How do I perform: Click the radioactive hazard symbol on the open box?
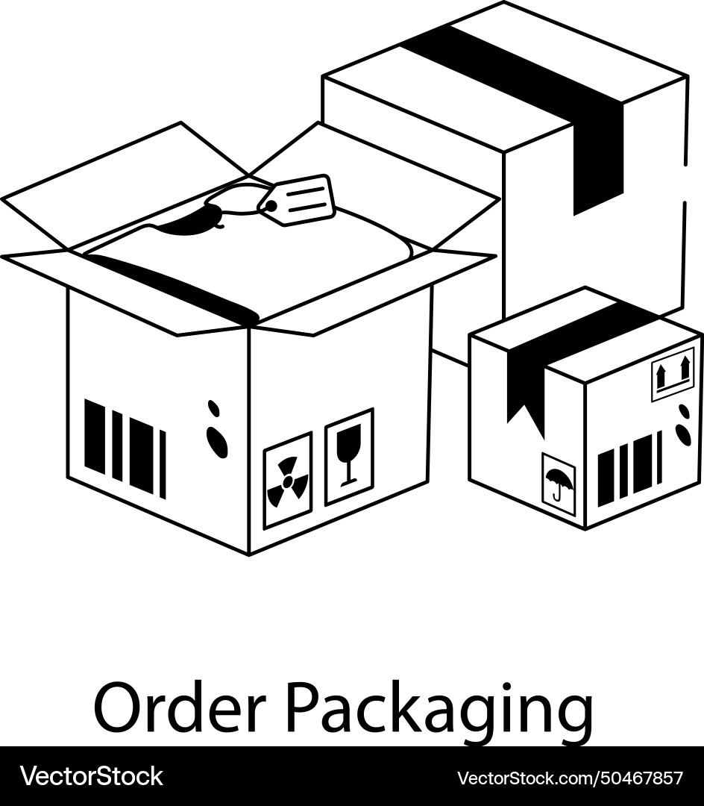click(x=287, y=481)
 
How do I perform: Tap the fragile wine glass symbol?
click(x=348, y=456)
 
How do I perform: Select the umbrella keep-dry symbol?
click(x=559, y=484)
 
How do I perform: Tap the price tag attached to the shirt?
click(x=297, y=199)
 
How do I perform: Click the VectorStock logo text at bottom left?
click(x=92, y=776)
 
